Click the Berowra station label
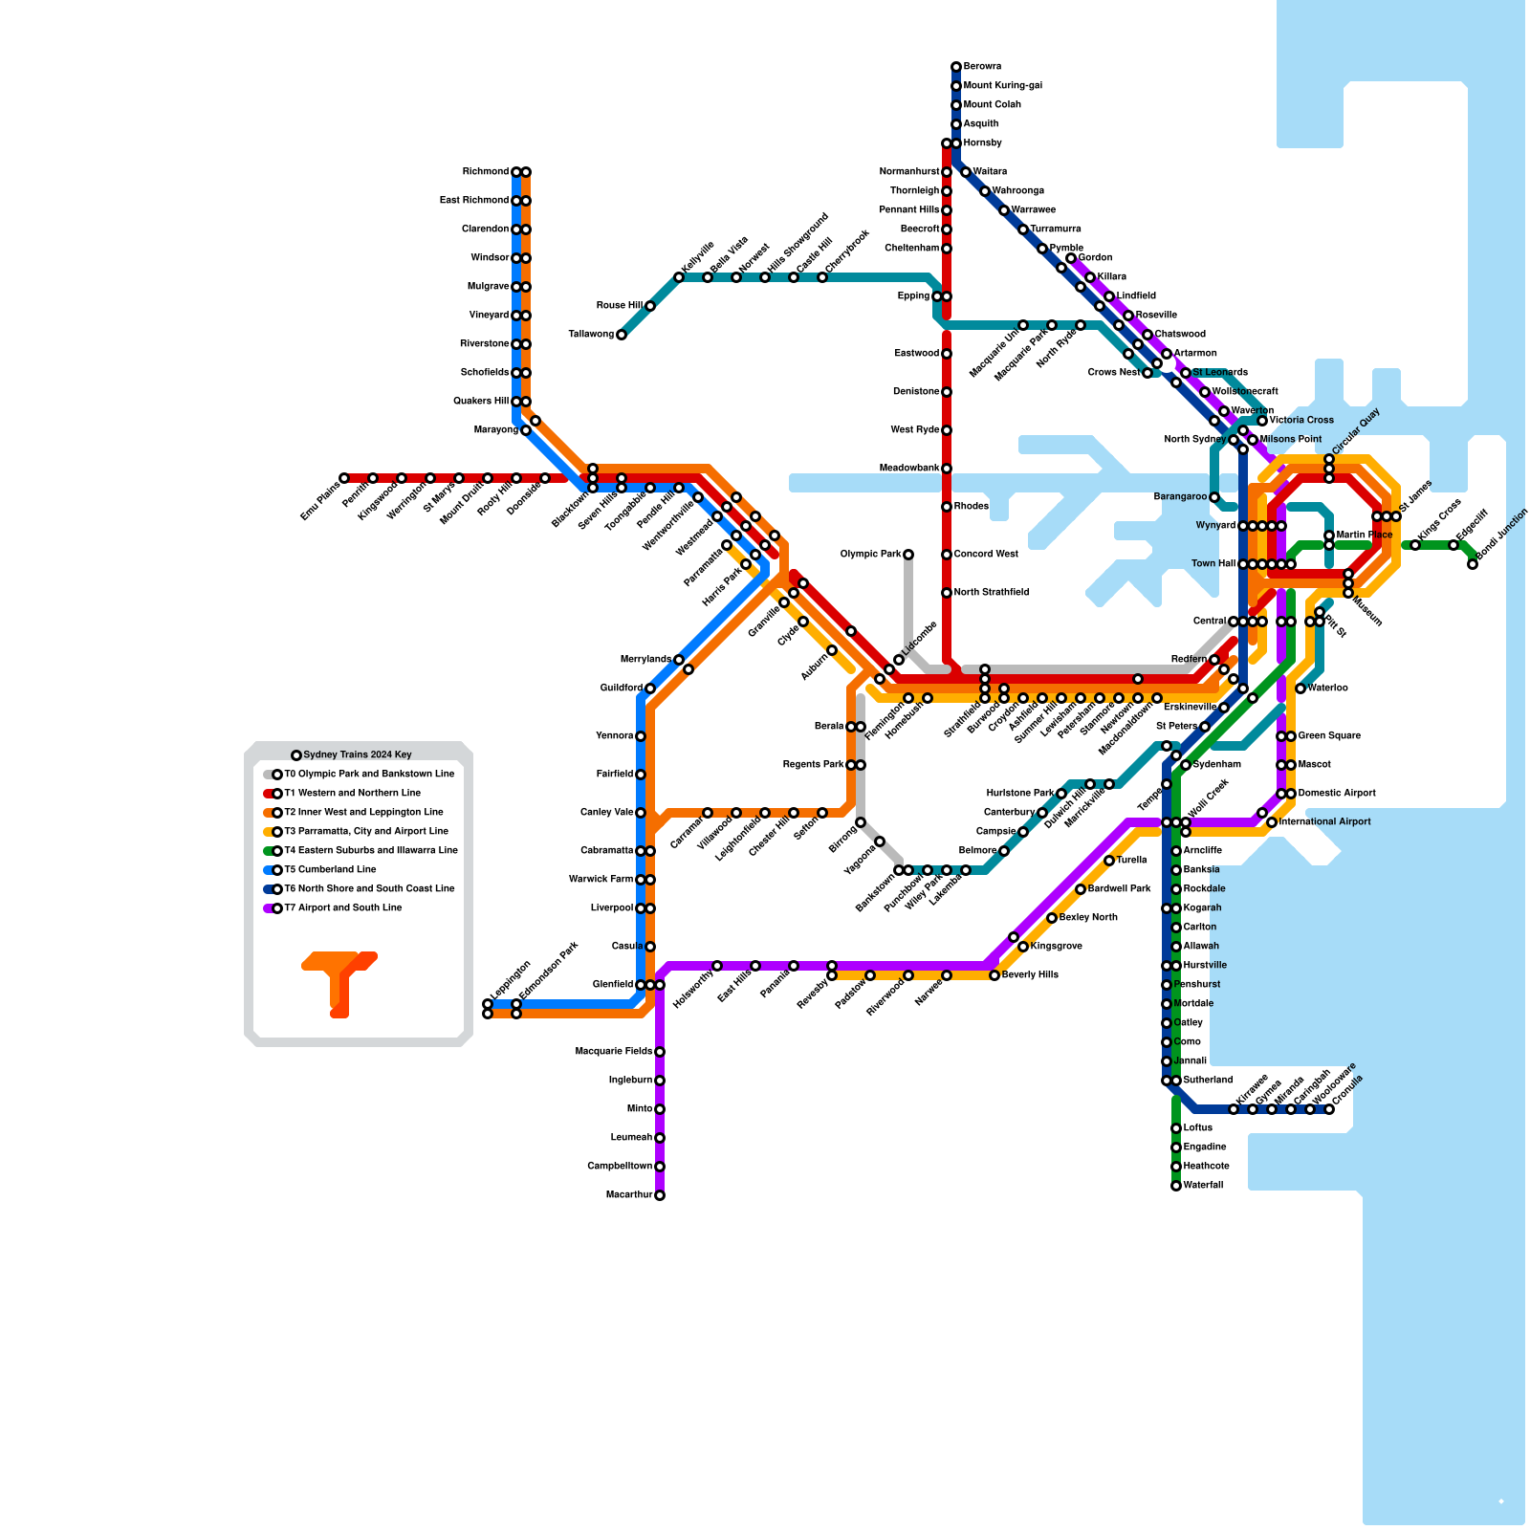[982, 67]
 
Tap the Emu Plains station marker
[344, 478]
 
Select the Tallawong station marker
[622, 335]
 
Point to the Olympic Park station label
[870, 555]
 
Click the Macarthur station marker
[660, 1195]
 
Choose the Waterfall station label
[1203, 1186]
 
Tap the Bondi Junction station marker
[1473, 564]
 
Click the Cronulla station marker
[1329, 1109]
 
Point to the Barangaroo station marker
[1214, 497]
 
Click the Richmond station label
[486, 172]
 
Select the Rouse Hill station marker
[650, 306]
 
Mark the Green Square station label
[1329, 736]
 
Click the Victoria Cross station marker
[1262, 421]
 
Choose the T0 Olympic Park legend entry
[369, 775]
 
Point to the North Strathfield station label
[992, 593]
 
